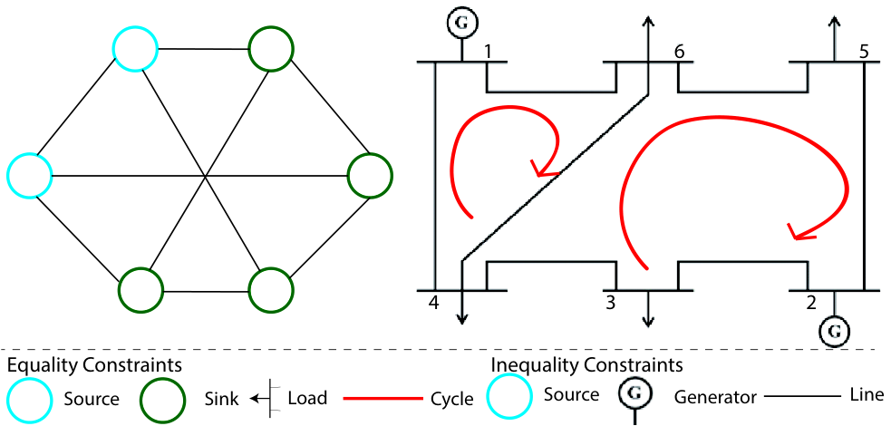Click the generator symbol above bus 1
tap(461, 23)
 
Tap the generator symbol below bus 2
tap(834, 330)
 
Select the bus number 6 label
tap(678, 52)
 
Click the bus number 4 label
tap(433, 303)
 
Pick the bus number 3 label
tap(611, 303)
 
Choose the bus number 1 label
tap(487, 52)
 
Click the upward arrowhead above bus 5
tap(834, 23)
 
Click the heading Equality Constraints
tap(94, 364)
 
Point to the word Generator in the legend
tap(715, 398)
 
